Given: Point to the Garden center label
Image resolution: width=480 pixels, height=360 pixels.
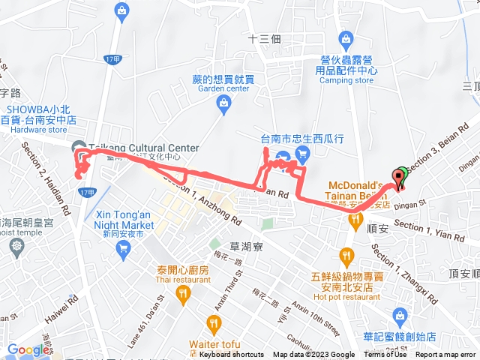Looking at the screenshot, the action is point(223,88).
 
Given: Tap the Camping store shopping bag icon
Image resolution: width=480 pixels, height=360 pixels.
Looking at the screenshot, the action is point(346,38).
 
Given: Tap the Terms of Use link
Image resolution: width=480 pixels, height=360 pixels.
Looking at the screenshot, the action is point(385,355).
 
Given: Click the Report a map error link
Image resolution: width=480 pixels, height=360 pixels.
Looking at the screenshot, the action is point(447,355).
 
